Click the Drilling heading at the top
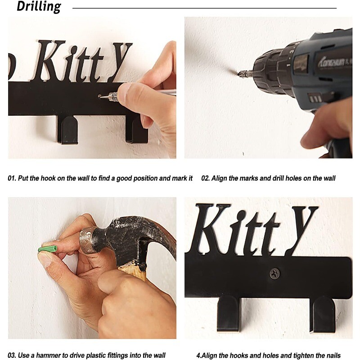click(39, 6)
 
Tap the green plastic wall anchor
click(48, 249)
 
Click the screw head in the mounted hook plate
click(274, 274)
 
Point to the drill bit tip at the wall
click(239, 74)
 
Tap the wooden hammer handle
click(133, 272)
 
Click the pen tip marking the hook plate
click(100, 97)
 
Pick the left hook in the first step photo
click(67, 130)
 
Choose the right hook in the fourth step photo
click(322, 314)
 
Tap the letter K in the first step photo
click(49, 61)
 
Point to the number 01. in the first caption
click(12, 178)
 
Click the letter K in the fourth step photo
click(211, 229)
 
